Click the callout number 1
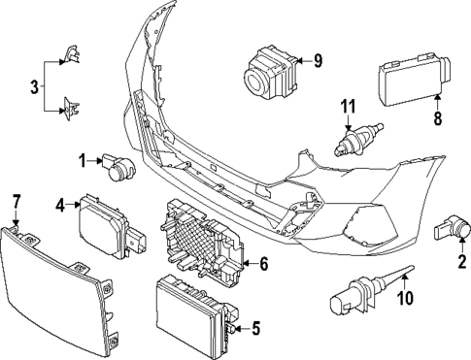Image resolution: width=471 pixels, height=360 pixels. point(84,158)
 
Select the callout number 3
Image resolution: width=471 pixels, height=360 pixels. point(34,86)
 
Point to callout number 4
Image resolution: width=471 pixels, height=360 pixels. point(60,205)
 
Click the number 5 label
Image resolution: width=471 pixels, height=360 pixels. point(255,328)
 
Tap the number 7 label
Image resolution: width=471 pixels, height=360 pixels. point(16,201)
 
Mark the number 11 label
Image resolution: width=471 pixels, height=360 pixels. point(348,106)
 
